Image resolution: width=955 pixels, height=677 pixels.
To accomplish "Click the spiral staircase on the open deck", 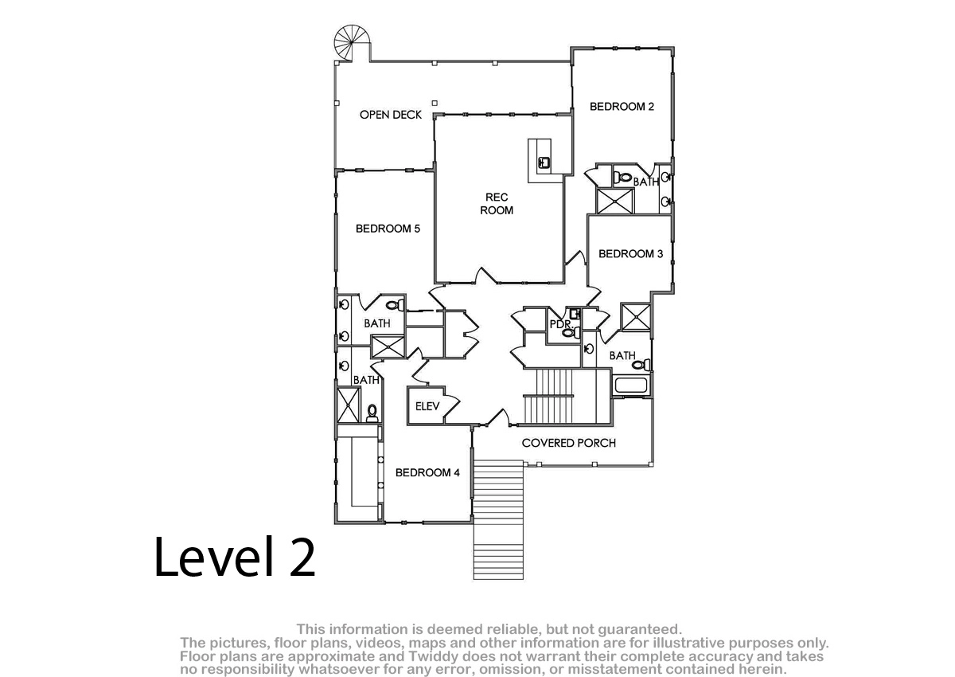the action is (x=351, y=43).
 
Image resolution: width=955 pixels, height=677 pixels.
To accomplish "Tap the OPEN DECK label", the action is (x=391, y=115).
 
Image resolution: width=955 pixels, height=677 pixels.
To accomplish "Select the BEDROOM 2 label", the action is (x=622, y=107).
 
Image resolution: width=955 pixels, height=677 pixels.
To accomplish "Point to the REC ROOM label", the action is (x=497, y=203).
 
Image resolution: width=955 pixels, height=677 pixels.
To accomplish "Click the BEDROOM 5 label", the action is (x=388, y=229).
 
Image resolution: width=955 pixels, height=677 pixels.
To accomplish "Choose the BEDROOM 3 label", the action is (x=630, y=254).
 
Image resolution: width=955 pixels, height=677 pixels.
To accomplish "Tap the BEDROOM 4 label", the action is (x=427, y=472).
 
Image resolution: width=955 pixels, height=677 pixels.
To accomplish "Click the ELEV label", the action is (x=427, y=406).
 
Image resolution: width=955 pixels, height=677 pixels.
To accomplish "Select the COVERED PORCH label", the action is (x=569, y=443).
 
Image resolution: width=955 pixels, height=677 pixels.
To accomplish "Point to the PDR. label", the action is (x=560, y=324).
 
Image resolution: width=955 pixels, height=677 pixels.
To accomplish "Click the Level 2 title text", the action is (x=235, y=557).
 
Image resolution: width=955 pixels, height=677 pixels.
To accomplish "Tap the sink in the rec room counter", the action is (x=544, y=163).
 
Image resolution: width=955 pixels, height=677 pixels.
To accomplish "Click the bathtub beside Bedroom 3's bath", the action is (x=631, y=385).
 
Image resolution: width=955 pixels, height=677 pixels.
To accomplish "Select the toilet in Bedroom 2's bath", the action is (x=622, y=177).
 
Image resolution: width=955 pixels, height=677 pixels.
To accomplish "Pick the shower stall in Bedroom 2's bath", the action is (x=614, y=201).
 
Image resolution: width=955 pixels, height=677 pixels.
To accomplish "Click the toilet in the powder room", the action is (x=571, y=331).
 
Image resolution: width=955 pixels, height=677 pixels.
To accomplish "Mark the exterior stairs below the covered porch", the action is (x=498, y=519).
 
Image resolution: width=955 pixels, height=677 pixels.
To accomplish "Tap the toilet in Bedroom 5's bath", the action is (x=396, y=305).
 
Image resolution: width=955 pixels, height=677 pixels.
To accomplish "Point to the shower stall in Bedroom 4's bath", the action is (x=349, y=405).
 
